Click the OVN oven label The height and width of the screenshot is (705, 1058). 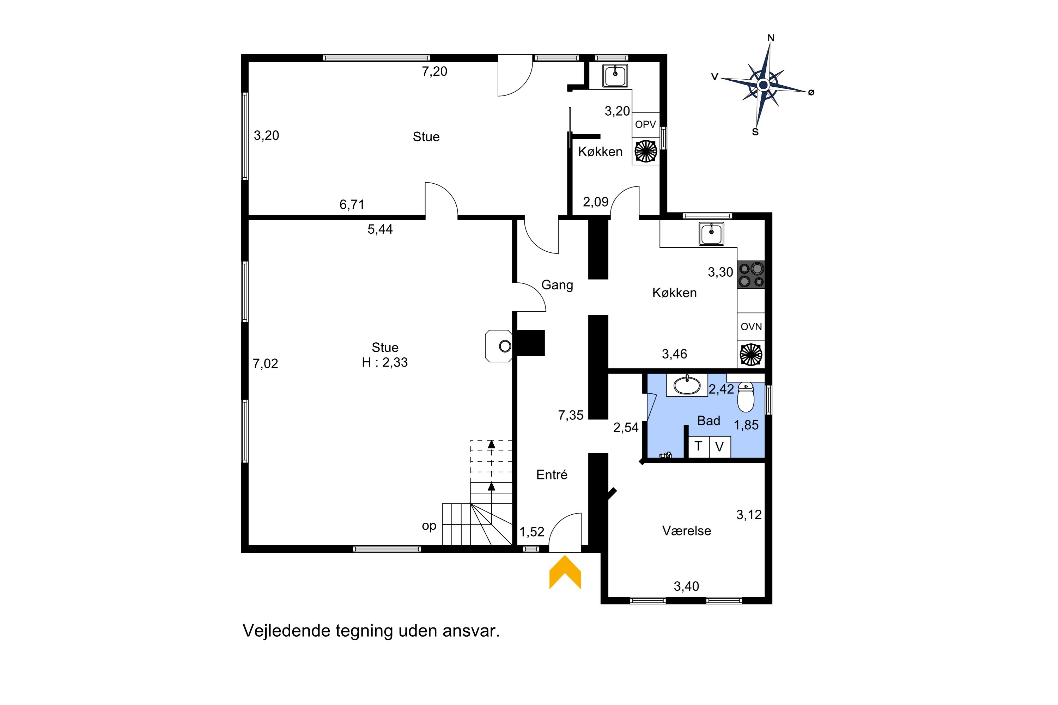pyautogui.click(x=751, y=327)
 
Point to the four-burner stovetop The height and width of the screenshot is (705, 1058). pyautogui.click(x=751, y=275)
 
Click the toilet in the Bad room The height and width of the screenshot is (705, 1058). pyautogui.click(x=746, y=397)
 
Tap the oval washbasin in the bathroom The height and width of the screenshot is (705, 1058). pyautogui.click(x=687, y=385)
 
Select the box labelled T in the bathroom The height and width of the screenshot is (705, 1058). pyautogui.click(x=699, y=447)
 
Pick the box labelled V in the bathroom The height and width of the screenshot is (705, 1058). pyautogui.click(x=720, y=447)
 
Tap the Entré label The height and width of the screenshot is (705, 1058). pyautogui.click(x=552, y=475)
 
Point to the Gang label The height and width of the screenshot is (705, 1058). pyautogui.click(x=557, y=285)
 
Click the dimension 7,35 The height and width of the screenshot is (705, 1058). pyautogui.click(x=571, y=416)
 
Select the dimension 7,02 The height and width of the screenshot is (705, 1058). pyautogui.click(x=266, y=363)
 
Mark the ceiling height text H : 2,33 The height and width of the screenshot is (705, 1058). pyautogui.click(x=385, y=362)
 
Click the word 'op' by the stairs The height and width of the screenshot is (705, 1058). pyautogui.click(x=429, y=526)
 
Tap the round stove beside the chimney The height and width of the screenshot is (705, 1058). pyautogui.click(x=505, y=346)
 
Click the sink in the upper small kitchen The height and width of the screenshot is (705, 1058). pyautogui.click(x=615, y=75)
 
